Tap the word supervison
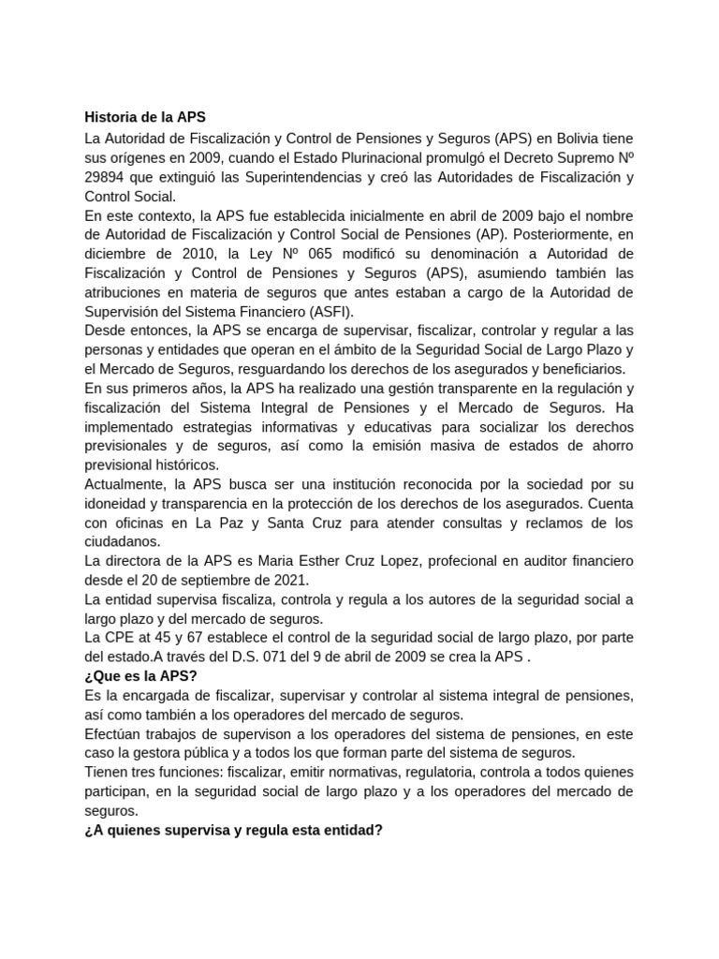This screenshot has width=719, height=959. tap(254, 733)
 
